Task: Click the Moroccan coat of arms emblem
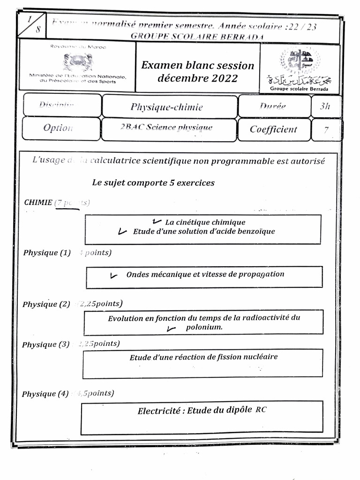click(x=78, y=62)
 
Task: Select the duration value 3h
click(x=325, y=106)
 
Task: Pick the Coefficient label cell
click(x=273, y=129)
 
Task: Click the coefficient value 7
click(x=326, y=130)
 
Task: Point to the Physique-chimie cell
click(x=167, y=107)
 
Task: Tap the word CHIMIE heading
click(x=38, y=202)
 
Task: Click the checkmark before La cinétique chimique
click(x=157, y=221)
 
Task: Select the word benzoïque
click(x=254, y=231)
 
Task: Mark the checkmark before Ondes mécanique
click(x=113, y=276)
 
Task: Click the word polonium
click(x=204, y=327)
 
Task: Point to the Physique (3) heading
click(x=45, y=345)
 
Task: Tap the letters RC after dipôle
click(x=261, y=410)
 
